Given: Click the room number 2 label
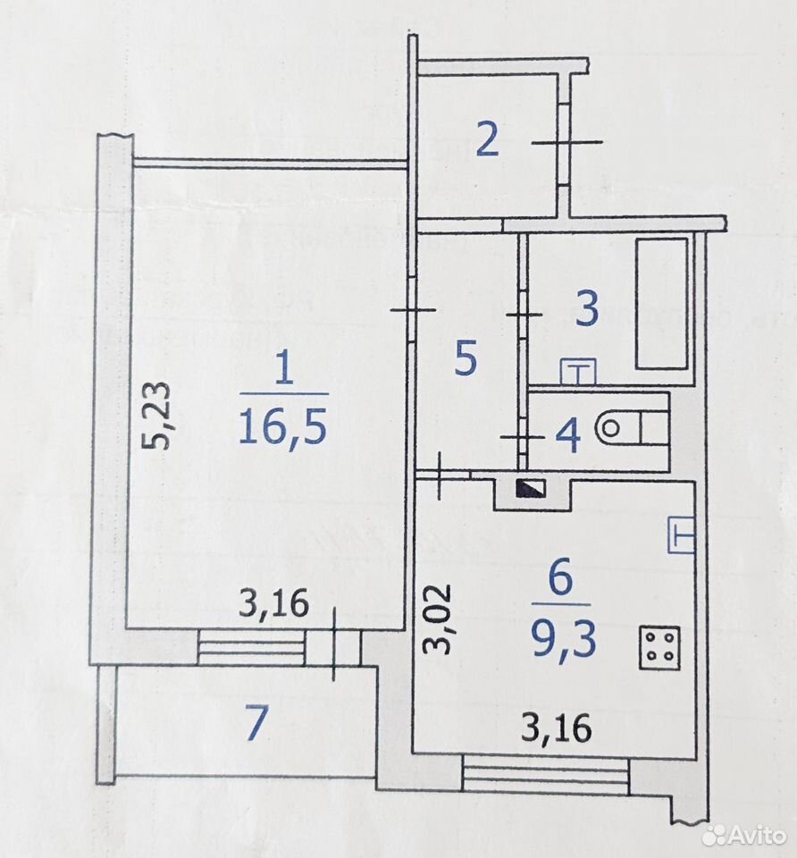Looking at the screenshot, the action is point(487,139).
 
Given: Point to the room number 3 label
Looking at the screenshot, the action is point(588,308).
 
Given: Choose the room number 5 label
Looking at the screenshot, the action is point(466,359).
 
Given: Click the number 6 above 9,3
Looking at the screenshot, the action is point(561,578).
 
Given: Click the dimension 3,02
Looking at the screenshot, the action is point(439,618).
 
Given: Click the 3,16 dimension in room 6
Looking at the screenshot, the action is point(557,728).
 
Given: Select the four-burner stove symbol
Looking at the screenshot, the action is point(660,647).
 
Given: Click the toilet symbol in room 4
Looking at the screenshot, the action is point(634,427).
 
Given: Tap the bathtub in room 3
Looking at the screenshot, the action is point(661,303).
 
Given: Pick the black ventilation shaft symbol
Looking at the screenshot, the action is point(530,488).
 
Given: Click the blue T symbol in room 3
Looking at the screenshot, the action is point(578,372).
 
